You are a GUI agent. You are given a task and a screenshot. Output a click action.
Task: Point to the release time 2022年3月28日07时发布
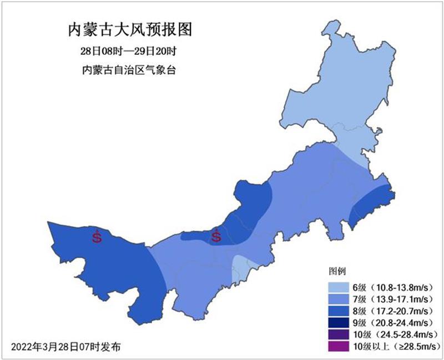[x=65, y=346]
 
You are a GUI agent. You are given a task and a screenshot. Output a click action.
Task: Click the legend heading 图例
[x=338, y=272]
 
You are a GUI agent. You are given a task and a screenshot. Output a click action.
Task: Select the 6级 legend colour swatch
[x=338, y=287]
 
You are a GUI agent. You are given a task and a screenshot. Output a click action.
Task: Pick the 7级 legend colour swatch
[x=338, y=300]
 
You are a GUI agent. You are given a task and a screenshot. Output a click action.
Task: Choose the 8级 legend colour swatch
[x=338, y=311]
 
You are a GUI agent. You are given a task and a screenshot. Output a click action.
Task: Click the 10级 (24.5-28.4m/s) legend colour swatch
[x=338, y=335]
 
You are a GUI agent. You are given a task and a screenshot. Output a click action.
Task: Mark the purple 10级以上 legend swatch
[x=338, y=347]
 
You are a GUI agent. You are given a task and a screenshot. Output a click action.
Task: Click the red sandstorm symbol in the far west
[x=97, y=237]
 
